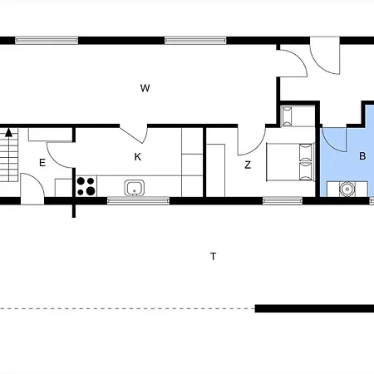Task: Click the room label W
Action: (x=145, y=87)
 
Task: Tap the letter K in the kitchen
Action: (x=138, y=156)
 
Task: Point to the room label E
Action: (x=42, y=163)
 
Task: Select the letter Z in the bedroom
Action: (x=248, y=165)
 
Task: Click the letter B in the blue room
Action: (x=362, y=156)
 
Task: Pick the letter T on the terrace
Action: (x=214, y=257)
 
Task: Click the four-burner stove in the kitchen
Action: (x=86, y=186)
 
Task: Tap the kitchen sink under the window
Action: (x=135, y=188)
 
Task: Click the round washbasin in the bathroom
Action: (x=347, y=189)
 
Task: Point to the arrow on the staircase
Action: (x=9, y=131)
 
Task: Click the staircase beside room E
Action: (x=9, y=158)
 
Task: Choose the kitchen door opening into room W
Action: (x=135, y=132)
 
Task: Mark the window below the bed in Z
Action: (x=282, y=200)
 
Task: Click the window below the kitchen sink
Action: (x=138, y=200)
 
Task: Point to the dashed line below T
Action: (x=125, y=308)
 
